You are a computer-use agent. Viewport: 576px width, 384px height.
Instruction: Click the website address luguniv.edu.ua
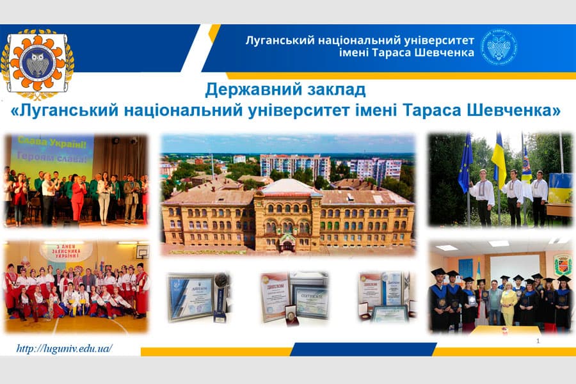[x=66, y=349]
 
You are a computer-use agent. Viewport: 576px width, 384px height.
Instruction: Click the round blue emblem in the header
[x=499, y=45]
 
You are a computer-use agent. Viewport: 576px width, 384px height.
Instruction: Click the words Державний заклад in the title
[x=285, y=89]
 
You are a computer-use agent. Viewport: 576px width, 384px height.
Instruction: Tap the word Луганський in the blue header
[x=280, y=40]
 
